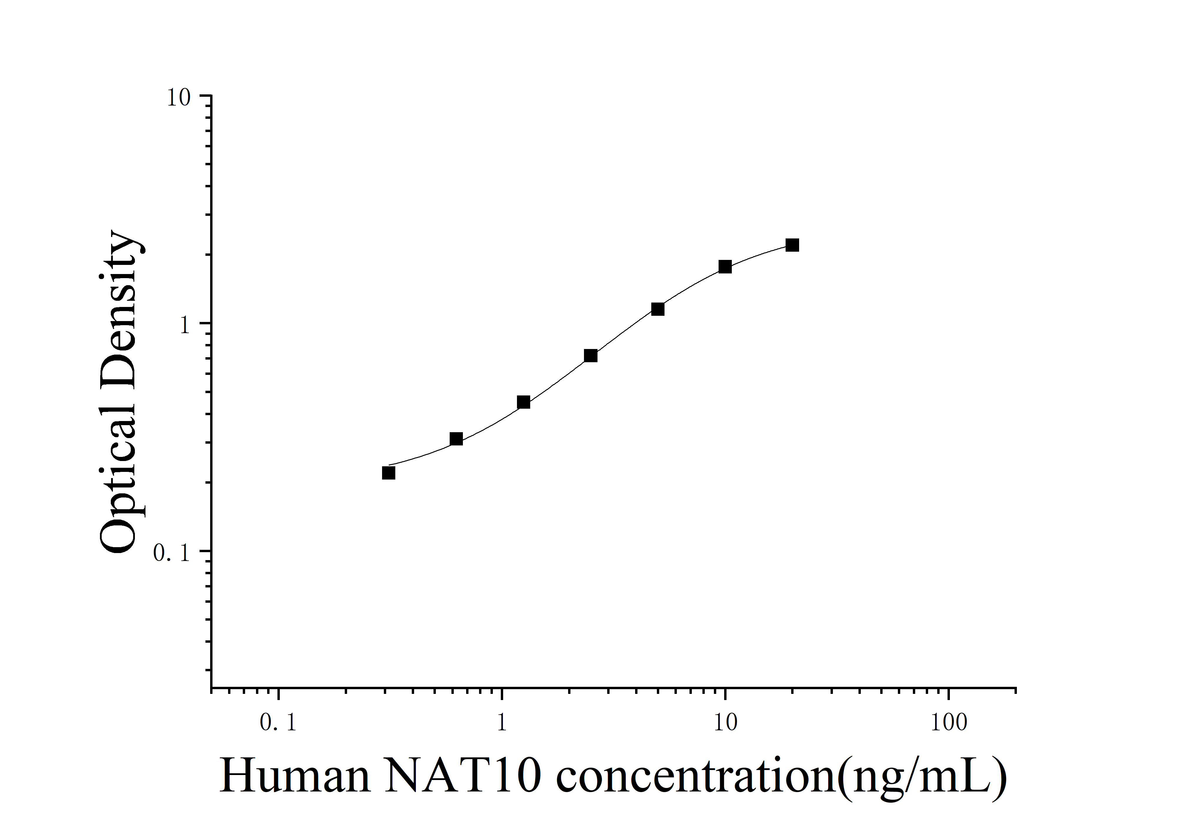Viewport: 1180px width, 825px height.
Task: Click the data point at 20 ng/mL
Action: pyautogui.click(x=792, y=245)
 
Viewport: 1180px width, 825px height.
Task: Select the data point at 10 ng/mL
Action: pyautogui.click(x=725, y=266)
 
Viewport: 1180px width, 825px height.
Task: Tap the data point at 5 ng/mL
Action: pyautogui.click(x=657, y=309)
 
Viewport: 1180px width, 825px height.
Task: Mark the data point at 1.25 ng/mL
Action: pyautogui.click(x=523, y=402)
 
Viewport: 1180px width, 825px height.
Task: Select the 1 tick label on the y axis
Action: pyautogui.click(x=185, y=325)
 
